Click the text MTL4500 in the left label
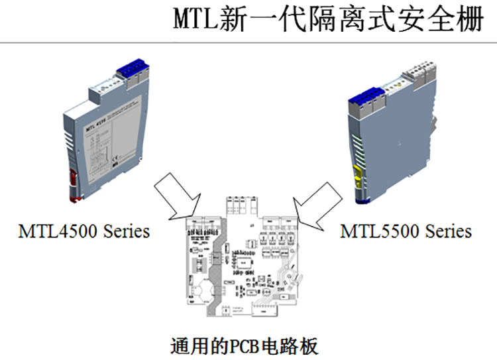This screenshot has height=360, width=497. [59, 231]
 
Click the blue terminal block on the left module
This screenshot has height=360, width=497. [132, 69]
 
